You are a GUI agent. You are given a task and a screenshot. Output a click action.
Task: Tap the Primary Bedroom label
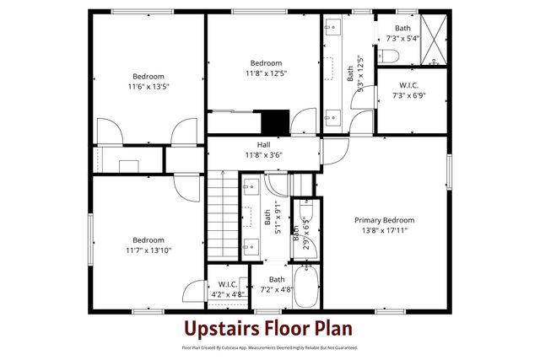[384, 220]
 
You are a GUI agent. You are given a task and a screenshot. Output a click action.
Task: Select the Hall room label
[264, 145]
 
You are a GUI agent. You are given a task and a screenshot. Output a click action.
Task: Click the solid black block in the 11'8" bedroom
[274, 123]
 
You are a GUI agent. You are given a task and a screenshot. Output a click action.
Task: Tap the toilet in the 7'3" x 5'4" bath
[389, 57]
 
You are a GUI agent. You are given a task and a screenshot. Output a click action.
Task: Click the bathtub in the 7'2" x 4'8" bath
[305, 287]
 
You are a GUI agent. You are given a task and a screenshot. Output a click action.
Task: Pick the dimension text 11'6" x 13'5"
[148, 86]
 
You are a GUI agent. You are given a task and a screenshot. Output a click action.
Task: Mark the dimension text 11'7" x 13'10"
[148, 250]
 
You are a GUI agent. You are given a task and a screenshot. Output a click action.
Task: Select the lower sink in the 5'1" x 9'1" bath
[251, 245]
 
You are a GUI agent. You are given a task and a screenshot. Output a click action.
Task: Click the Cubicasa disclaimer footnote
[270, 347]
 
